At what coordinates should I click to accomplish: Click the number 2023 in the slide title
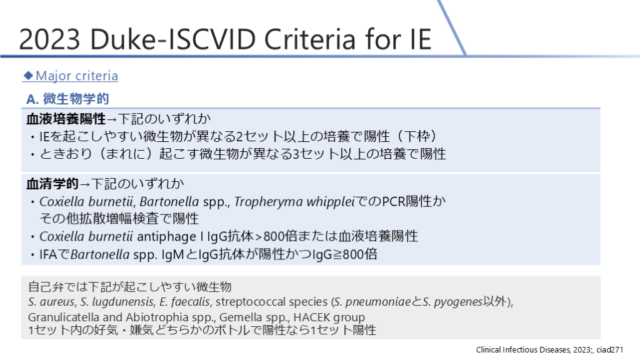click(x=49, y=39)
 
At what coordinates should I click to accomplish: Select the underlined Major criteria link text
click(x=77, y=76)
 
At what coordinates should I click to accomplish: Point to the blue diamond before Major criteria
click(x=28, y=75)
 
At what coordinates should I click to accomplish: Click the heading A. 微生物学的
click(x=67, y=99)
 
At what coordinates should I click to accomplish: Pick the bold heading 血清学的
click(x=52, y=184)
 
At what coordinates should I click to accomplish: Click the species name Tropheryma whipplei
click(x=294, y=202)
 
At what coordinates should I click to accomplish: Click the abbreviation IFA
click(x=48, y=255)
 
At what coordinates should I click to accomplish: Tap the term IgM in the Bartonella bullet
click(x=172, y=255)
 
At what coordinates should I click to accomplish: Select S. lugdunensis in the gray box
click(x=117, y=302)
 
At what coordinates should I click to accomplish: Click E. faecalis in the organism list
click(x=185, y=302)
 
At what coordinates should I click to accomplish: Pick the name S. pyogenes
click(x=452, y=302)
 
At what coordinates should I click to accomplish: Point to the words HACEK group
click(x=329, y=317)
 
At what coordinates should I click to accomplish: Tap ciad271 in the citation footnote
click(x=610, y=349)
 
